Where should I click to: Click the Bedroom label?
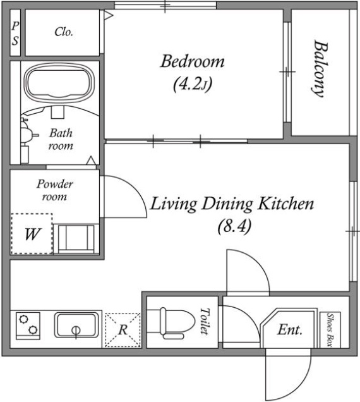coord(192,61)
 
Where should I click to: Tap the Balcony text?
coord(321,69)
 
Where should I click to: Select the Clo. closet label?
coord(64,32)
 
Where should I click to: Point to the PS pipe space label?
coord(15,33)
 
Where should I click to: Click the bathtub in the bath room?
coord(59,83)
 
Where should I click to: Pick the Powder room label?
coord(54,190)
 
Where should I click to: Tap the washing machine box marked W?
coord(32,234)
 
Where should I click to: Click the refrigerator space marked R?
coord(123,330)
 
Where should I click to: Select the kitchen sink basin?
coord(76,325)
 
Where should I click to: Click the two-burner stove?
coord(28,326)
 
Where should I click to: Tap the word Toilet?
coord(204,322)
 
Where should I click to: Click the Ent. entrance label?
coord(290,330)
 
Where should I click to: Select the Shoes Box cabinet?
coord(330,330)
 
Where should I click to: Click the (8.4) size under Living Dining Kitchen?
coord(234,227)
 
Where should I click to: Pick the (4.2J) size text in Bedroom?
coord(193,84)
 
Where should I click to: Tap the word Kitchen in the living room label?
coord(285,204)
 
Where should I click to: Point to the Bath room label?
coord(61,139)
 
